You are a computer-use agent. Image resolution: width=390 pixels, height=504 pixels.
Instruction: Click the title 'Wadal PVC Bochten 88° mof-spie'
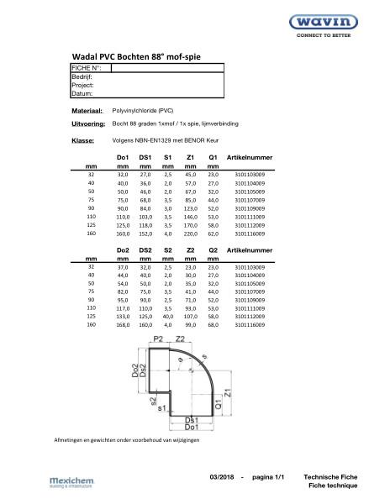pos(137,56)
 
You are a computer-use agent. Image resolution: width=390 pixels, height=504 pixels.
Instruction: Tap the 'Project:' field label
pos(82,85)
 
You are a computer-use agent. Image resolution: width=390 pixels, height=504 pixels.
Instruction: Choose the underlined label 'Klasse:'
pos(82,140)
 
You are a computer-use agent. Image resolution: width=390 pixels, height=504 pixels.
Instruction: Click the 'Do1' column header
pos(123,158)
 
